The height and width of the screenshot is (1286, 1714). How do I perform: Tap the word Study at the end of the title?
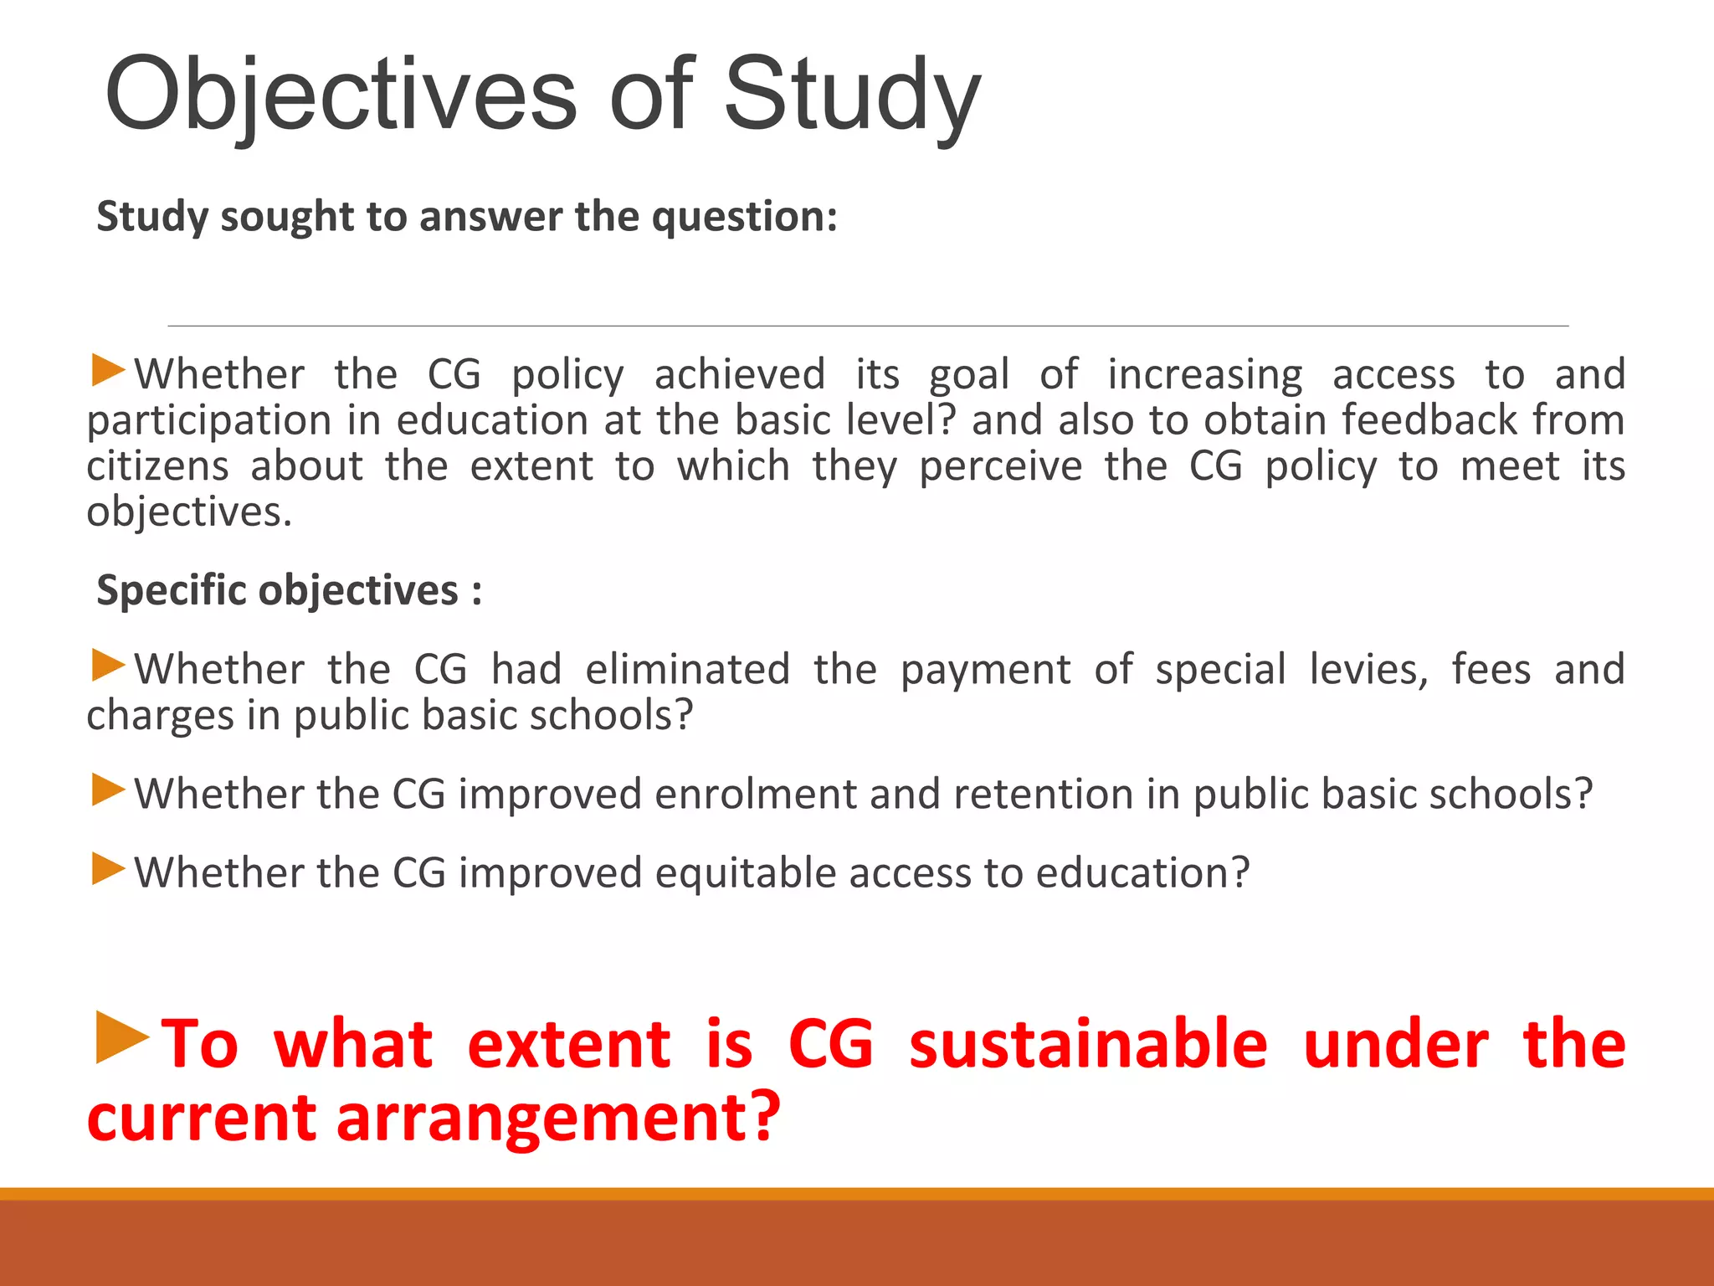(851, 94)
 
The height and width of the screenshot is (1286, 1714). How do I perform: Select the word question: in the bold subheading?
(744, 217)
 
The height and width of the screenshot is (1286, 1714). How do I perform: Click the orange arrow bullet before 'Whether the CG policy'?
(108, 370)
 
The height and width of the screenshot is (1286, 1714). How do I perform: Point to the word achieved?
(739, 374)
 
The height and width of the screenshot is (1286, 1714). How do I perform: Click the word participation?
(209, 421)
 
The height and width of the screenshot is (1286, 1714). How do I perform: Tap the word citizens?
(157, 466)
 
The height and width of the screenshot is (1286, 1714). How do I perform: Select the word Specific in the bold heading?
(172, 590)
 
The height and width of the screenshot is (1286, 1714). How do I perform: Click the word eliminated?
(687, 670)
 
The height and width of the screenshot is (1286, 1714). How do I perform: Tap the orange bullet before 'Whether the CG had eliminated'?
(108, 666)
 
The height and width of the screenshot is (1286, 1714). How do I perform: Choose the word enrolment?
(756, 794)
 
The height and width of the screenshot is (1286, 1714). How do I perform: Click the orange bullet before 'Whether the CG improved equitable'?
(108, 869)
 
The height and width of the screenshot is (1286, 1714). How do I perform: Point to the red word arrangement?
(558, 1118)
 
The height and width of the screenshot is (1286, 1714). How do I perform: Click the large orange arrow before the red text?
(121, 1038)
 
